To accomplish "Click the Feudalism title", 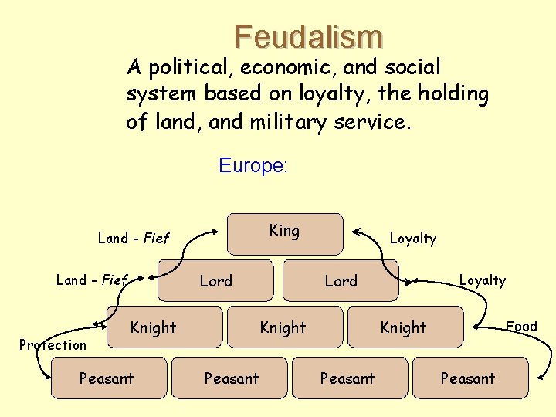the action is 308,36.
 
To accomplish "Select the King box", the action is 284,233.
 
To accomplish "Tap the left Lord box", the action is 215,280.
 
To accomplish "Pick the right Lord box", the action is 341,280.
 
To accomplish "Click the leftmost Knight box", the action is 153,327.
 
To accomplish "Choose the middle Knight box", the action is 283,327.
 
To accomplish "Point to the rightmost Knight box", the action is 403,327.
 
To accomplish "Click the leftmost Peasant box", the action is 107,378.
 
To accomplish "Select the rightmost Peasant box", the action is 468,378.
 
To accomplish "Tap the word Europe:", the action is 253,165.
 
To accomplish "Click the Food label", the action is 521,326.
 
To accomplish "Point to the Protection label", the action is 53,344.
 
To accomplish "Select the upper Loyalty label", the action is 412,239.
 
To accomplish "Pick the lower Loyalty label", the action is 483,280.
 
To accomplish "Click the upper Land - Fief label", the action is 133,238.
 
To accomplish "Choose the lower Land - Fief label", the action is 91,280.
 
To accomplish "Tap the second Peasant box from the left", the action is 232,378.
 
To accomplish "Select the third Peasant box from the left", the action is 347,378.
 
